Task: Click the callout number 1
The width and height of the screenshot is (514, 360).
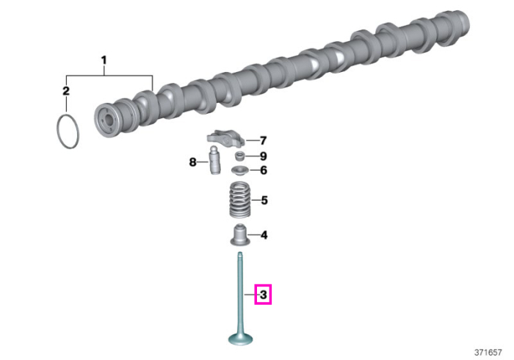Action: (x=104, y=61)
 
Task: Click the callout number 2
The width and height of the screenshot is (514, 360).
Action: (x=66, y=91)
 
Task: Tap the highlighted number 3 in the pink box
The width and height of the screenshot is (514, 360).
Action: (x=263, y=295)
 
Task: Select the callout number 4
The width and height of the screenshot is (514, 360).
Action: (x=264, y=235)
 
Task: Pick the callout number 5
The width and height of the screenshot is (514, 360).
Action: (x=264, y=200)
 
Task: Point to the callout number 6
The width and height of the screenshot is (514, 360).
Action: (x=264, y=170)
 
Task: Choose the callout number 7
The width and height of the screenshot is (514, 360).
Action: (x=263, y=140)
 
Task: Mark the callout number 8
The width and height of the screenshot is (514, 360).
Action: (x=192, y=162)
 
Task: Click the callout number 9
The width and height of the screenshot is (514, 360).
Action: (x=263, y=156)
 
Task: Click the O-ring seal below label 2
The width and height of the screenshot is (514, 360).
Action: (x=58, y=132)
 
